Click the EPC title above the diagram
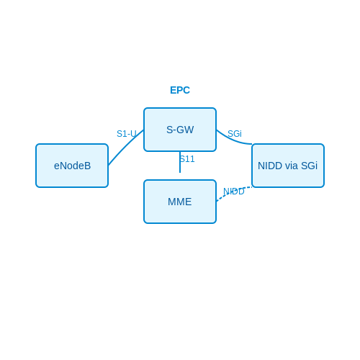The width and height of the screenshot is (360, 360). [180, 90]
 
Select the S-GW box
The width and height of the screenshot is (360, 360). [180, 130]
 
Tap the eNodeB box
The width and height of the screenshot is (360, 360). [72, 166]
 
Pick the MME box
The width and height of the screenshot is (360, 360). [180, 202]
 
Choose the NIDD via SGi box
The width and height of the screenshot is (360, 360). [288, 166]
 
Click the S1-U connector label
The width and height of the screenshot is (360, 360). [127, 134]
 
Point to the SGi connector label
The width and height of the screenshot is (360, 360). [235, 134]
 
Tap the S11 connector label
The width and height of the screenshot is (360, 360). [187, 159]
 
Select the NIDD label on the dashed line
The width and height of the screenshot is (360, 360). [234, 192]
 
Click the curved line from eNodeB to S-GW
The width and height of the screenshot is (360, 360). [125, 146]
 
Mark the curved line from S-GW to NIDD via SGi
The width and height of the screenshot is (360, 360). [233, 140]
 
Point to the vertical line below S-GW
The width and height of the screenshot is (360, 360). [180, 162]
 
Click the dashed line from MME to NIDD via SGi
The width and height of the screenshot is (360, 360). [233, 192]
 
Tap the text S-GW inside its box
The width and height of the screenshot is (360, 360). [180, 130]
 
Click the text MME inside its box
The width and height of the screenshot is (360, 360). [180, 202]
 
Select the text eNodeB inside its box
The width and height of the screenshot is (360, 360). [72, 166]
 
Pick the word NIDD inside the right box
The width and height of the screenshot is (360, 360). [270, 166]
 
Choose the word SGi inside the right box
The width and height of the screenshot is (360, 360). [309, 166]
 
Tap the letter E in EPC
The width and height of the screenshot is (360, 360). [173, 90]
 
